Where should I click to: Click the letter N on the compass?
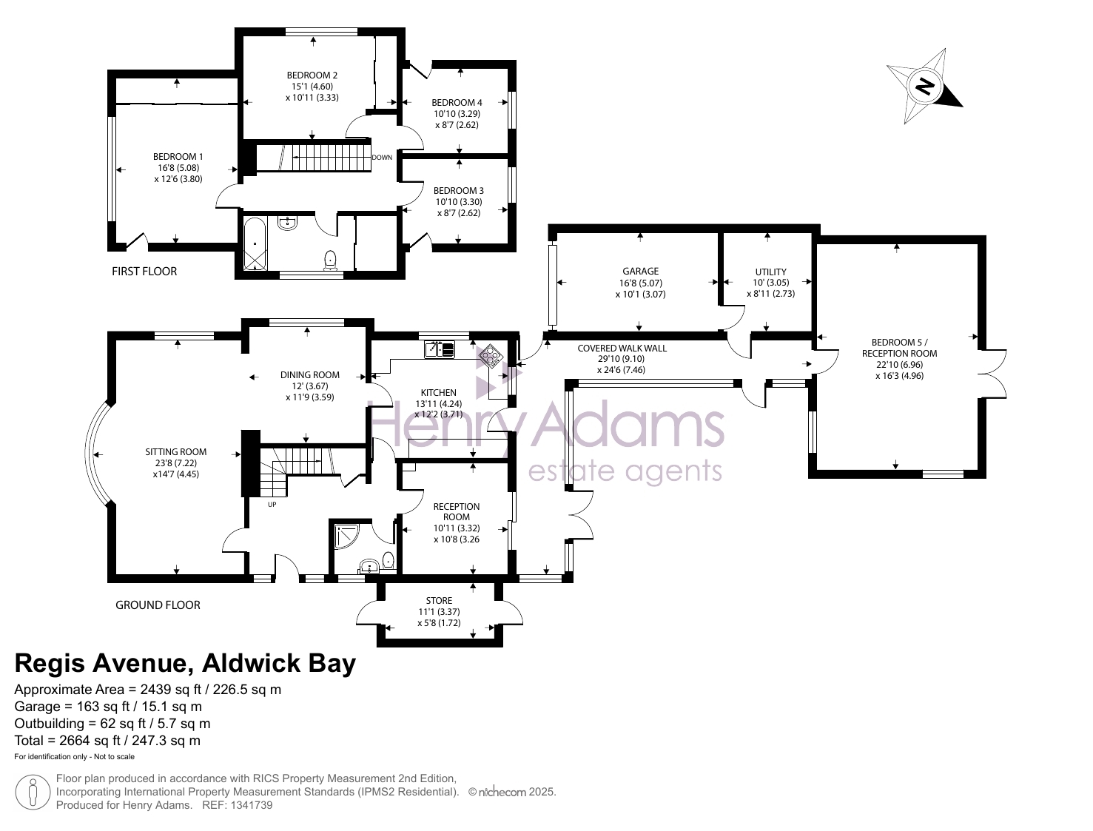[925, 87]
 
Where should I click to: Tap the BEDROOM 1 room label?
[178, 157]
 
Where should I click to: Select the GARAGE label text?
[640, 272]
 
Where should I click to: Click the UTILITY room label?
[771, 272]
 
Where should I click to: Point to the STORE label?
[439, 601]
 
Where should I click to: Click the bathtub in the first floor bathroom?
[255, 244]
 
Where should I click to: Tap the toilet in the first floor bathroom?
[330, 260]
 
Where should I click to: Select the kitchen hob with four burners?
[490, 355]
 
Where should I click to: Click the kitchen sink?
[440, 349]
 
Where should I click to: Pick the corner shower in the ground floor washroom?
[346, 536]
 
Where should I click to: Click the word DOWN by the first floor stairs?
[382, 158]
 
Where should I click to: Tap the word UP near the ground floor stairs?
[272, 505]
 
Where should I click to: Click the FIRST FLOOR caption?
[144, 272]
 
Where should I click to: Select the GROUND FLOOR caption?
[158, 605]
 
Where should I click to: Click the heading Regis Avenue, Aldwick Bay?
[185, 663]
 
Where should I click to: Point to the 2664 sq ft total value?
[90, 741]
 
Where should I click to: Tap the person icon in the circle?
[33, 793]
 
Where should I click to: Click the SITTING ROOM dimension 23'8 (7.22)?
[176, 463]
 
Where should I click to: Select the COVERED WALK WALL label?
[622, 349]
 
